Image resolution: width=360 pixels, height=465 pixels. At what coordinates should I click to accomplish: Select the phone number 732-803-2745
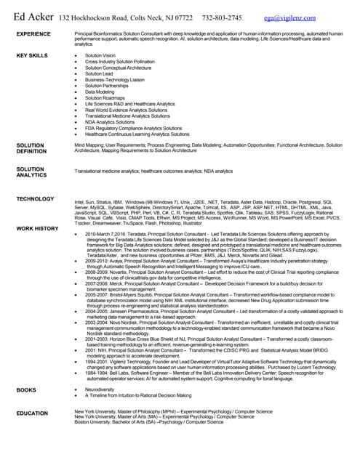(x=223, y=16)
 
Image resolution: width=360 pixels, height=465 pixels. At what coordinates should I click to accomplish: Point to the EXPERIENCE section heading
(x=33, y=34)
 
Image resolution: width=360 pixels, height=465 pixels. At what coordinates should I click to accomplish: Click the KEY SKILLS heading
(x=32, y=55)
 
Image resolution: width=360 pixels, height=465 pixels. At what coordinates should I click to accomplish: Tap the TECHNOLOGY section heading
(x=35, y=198)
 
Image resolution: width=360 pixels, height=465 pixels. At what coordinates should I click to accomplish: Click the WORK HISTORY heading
(x=37, y=229)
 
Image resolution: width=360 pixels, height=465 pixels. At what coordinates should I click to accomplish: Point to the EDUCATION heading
(x=33, y=413)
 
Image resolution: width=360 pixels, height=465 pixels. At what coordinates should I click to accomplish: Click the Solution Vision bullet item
(x=100, y=55)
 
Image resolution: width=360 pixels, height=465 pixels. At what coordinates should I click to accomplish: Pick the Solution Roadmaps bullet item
(x=105, y=98)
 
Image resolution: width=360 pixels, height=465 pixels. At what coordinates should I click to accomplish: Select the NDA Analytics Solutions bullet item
(x=109, y=122)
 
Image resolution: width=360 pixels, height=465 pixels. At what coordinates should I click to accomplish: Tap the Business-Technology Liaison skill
(x=114, y=79)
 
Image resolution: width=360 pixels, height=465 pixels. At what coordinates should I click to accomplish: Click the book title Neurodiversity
(x=100, y=390)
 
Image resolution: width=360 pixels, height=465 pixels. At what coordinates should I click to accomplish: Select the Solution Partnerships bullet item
(x=106, y=86)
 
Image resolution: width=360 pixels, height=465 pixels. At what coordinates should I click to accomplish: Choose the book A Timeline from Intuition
(x=138, y=396)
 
